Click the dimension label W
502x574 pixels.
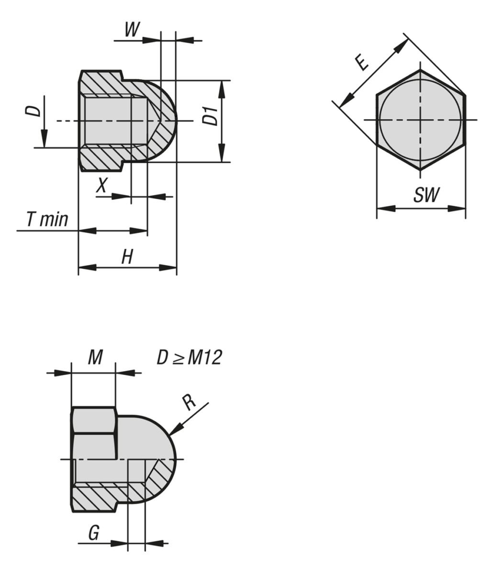(x=132, y=30)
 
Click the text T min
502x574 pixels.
(x=47, y=220)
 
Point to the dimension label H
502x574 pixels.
(x=127, y=257)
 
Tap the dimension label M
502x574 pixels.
(x=95, y=357)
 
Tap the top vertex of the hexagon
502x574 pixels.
(x=420, y=70)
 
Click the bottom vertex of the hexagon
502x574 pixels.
(x=420, y=170)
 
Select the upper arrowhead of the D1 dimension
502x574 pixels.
(x=222, y=90)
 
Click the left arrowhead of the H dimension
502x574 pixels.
(x=87, y=267)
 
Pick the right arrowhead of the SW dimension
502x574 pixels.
(x=457, y=208)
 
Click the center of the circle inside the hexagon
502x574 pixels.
(x=420, y=120)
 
